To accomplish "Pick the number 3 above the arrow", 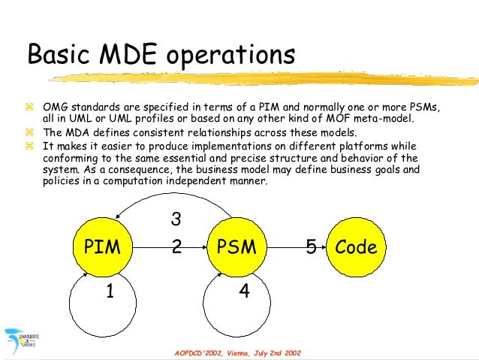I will pos(176,219).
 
